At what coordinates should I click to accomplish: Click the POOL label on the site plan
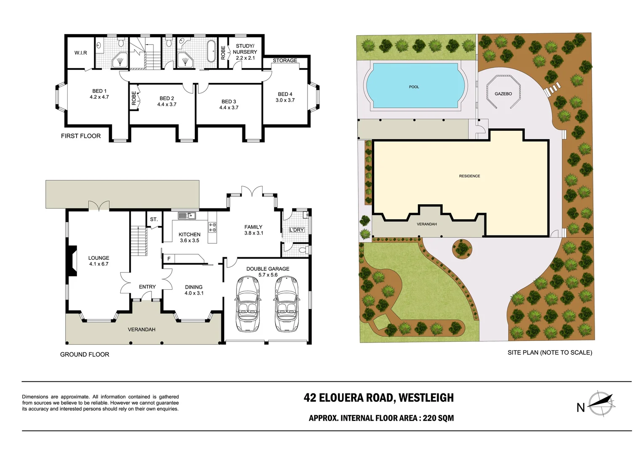[414, 87]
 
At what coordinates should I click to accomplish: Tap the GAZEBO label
[503, 94]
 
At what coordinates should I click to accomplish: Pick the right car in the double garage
[286, 303]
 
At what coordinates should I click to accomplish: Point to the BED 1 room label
[99, 94]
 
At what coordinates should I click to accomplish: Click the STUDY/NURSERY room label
[245, 52]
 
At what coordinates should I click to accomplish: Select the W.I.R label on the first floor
[81, 53]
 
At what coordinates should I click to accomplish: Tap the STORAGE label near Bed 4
[285, 61]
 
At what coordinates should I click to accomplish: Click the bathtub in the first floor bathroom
[211, 51]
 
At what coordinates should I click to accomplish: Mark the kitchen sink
[186, 216]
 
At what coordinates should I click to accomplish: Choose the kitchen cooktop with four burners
[213, 227]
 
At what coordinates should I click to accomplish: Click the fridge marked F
[169, 259]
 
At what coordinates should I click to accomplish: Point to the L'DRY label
[297, 230]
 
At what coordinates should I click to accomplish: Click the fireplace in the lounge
[72, 261]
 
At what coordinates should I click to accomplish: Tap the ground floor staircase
[138, 241]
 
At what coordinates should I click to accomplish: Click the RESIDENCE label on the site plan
[469, 176]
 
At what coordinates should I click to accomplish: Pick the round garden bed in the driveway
[462, 248]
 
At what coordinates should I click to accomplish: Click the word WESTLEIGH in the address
[426, 398]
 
